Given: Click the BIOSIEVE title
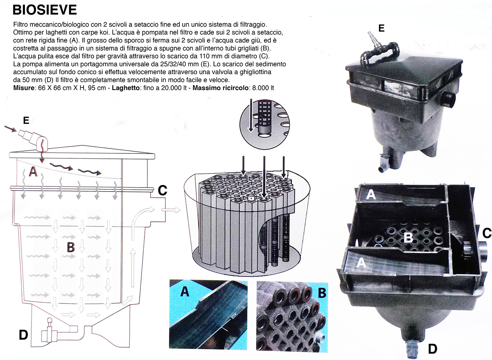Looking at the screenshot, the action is (x=45, y=10).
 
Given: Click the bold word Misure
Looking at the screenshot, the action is (x=24, y=88).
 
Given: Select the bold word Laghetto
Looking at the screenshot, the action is (x=126, y=88).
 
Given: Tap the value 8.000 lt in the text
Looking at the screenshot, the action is (x=263, y=88).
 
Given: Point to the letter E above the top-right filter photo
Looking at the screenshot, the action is (x=381, y=28).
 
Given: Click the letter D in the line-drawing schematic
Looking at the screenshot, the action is (x=23, y=335).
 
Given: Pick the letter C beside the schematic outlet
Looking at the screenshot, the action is (x=162, y=190).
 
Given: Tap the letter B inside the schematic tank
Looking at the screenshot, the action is (x=71, y=247).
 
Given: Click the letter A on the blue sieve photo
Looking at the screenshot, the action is (x=184, y=292).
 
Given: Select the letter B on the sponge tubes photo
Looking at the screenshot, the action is (x=322, y=293).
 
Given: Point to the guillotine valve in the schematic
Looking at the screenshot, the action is (x=50, y=332).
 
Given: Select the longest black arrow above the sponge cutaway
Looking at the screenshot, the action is (x=264, y=178).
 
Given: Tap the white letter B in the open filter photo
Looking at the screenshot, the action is (x=408, y=237).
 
